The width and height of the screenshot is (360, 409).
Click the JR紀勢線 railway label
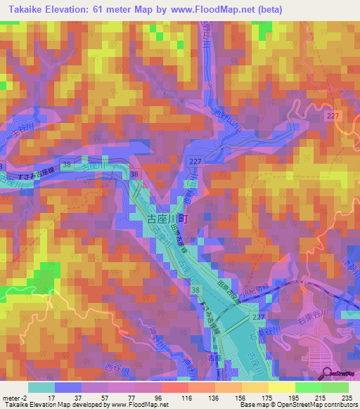[262, 286]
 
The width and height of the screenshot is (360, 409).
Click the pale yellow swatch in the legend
[281, 387]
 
